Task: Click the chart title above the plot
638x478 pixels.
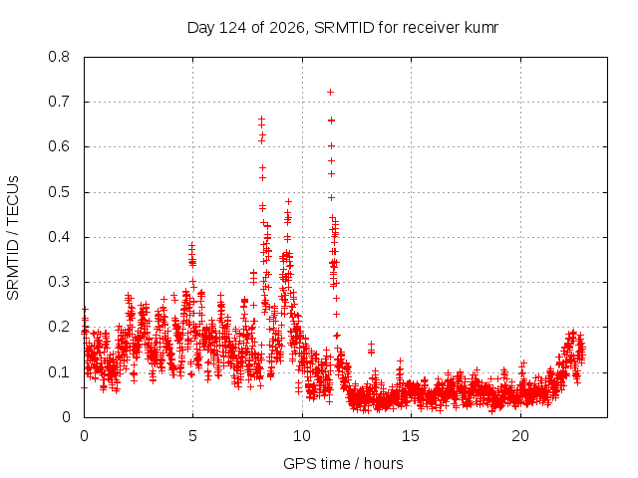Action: (343, 28)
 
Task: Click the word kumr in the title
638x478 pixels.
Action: (481, 28)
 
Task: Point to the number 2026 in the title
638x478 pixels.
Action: (287, 28)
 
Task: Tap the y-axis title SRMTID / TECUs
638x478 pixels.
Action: (13, 238)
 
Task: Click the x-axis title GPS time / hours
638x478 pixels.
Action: (343, 463)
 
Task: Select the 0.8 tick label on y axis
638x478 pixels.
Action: (59, 57)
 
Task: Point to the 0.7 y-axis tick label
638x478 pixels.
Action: (59, 102)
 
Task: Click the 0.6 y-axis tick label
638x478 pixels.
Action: (59, 146)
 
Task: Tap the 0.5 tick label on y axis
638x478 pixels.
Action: (59, 192)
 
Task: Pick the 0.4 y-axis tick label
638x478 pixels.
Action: (59, 237)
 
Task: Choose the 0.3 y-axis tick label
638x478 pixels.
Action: (59, 282)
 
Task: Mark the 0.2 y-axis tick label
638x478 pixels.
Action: (59, 327)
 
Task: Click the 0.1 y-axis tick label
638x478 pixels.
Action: (59, 371)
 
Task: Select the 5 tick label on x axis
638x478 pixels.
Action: (192, 436)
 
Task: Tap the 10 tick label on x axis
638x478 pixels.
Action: (302, 436)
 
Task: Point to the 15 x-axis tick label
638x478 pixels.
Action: (411, 436)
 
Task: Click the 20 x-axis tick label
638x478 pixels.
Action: (520, 436)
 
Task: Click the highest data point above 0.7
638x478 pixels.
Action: (330, 93)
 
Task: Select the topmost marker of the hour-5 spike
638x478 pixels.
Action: (191, 245)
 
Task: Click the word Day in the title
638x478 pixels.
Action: (200, 28)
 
